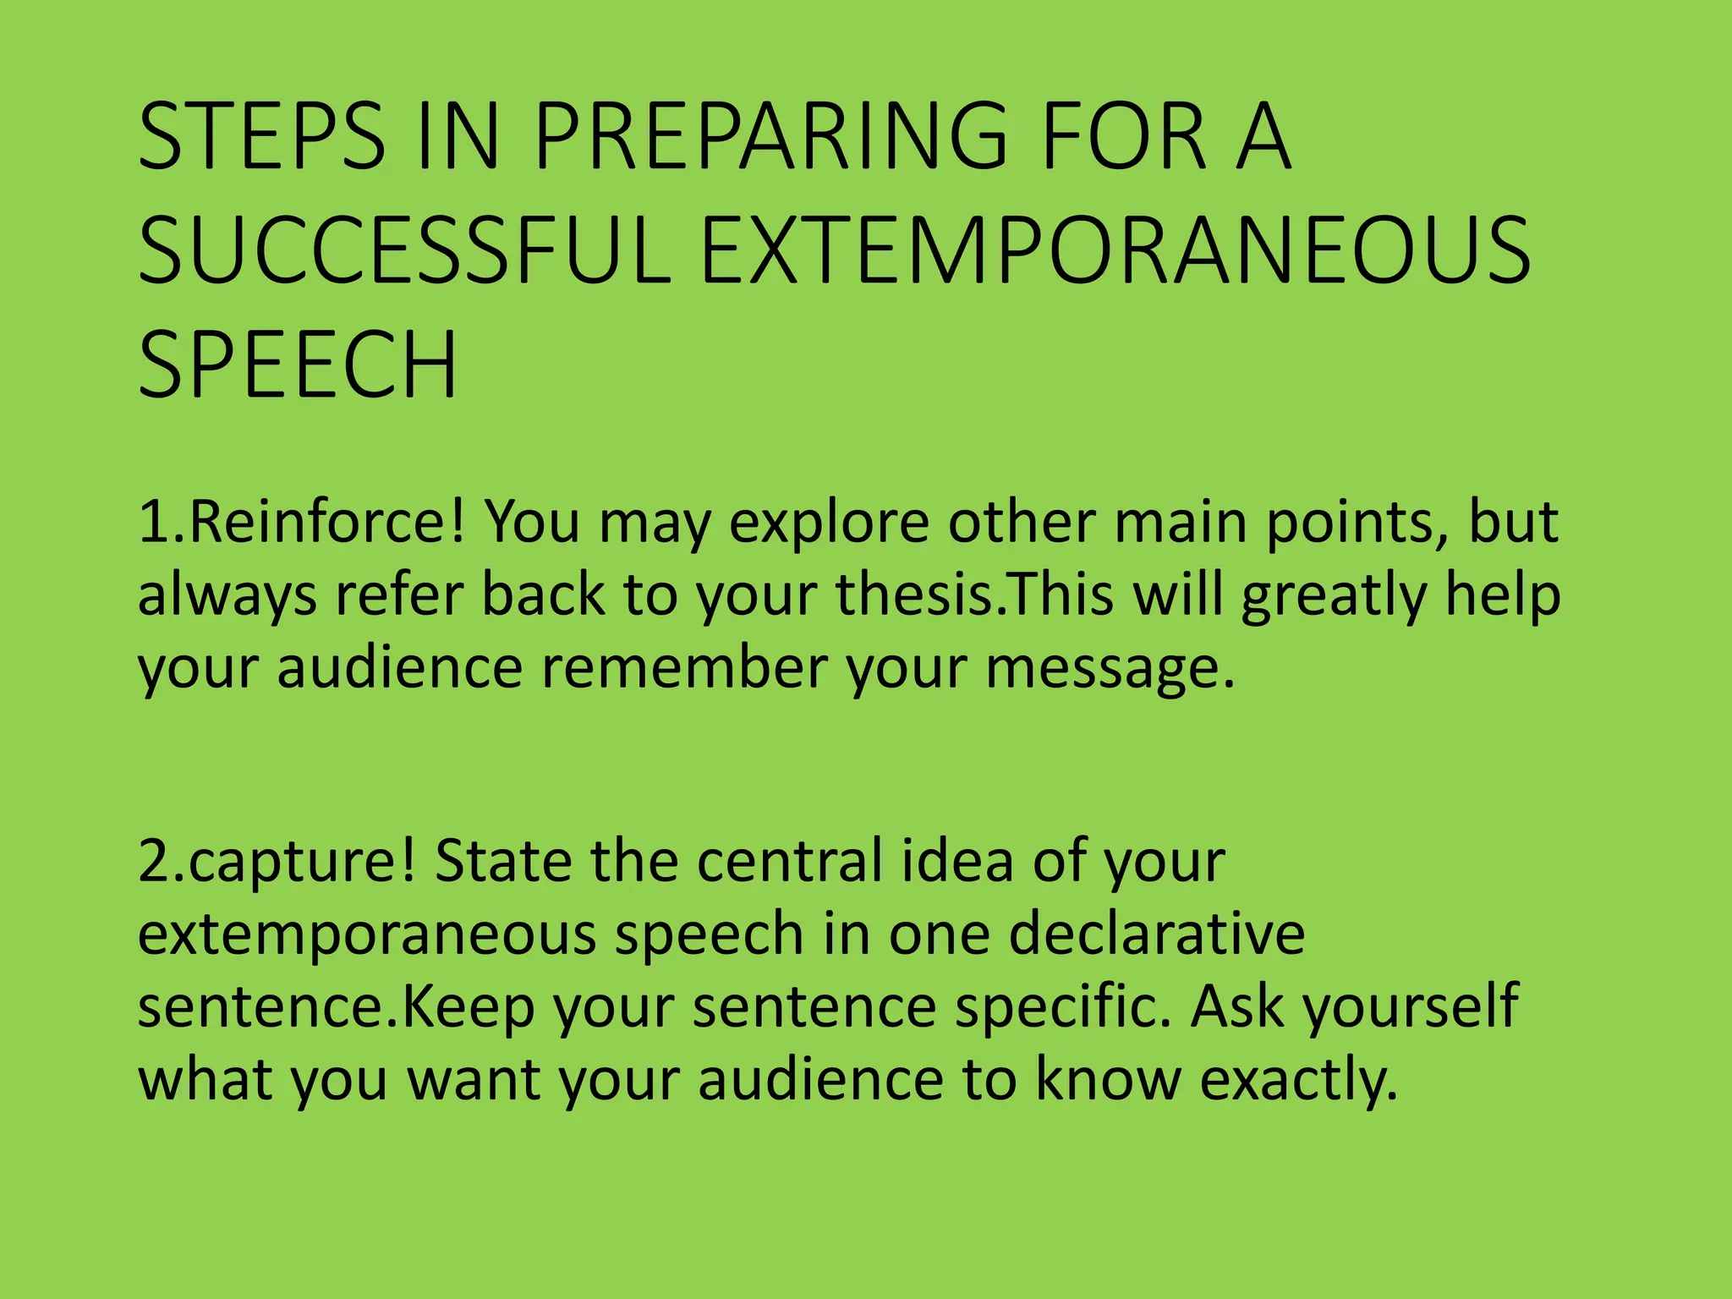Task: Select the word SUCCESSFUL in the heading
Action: pyautogui.click(x=404, y=250)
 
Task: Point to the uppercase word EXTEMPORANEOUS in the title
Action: pyautogui.click(x=1115, y=250)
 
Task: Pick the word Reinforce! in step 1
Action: pyautogui.click(x=326, y=522)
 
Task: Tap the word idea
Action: pyautogui.click(x=956, y=860)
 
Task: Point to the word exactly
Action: pyautogui.click(x=1299, y=1080)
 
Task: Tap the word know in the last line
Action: pyautogui.click(x=1108, y=1080)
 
